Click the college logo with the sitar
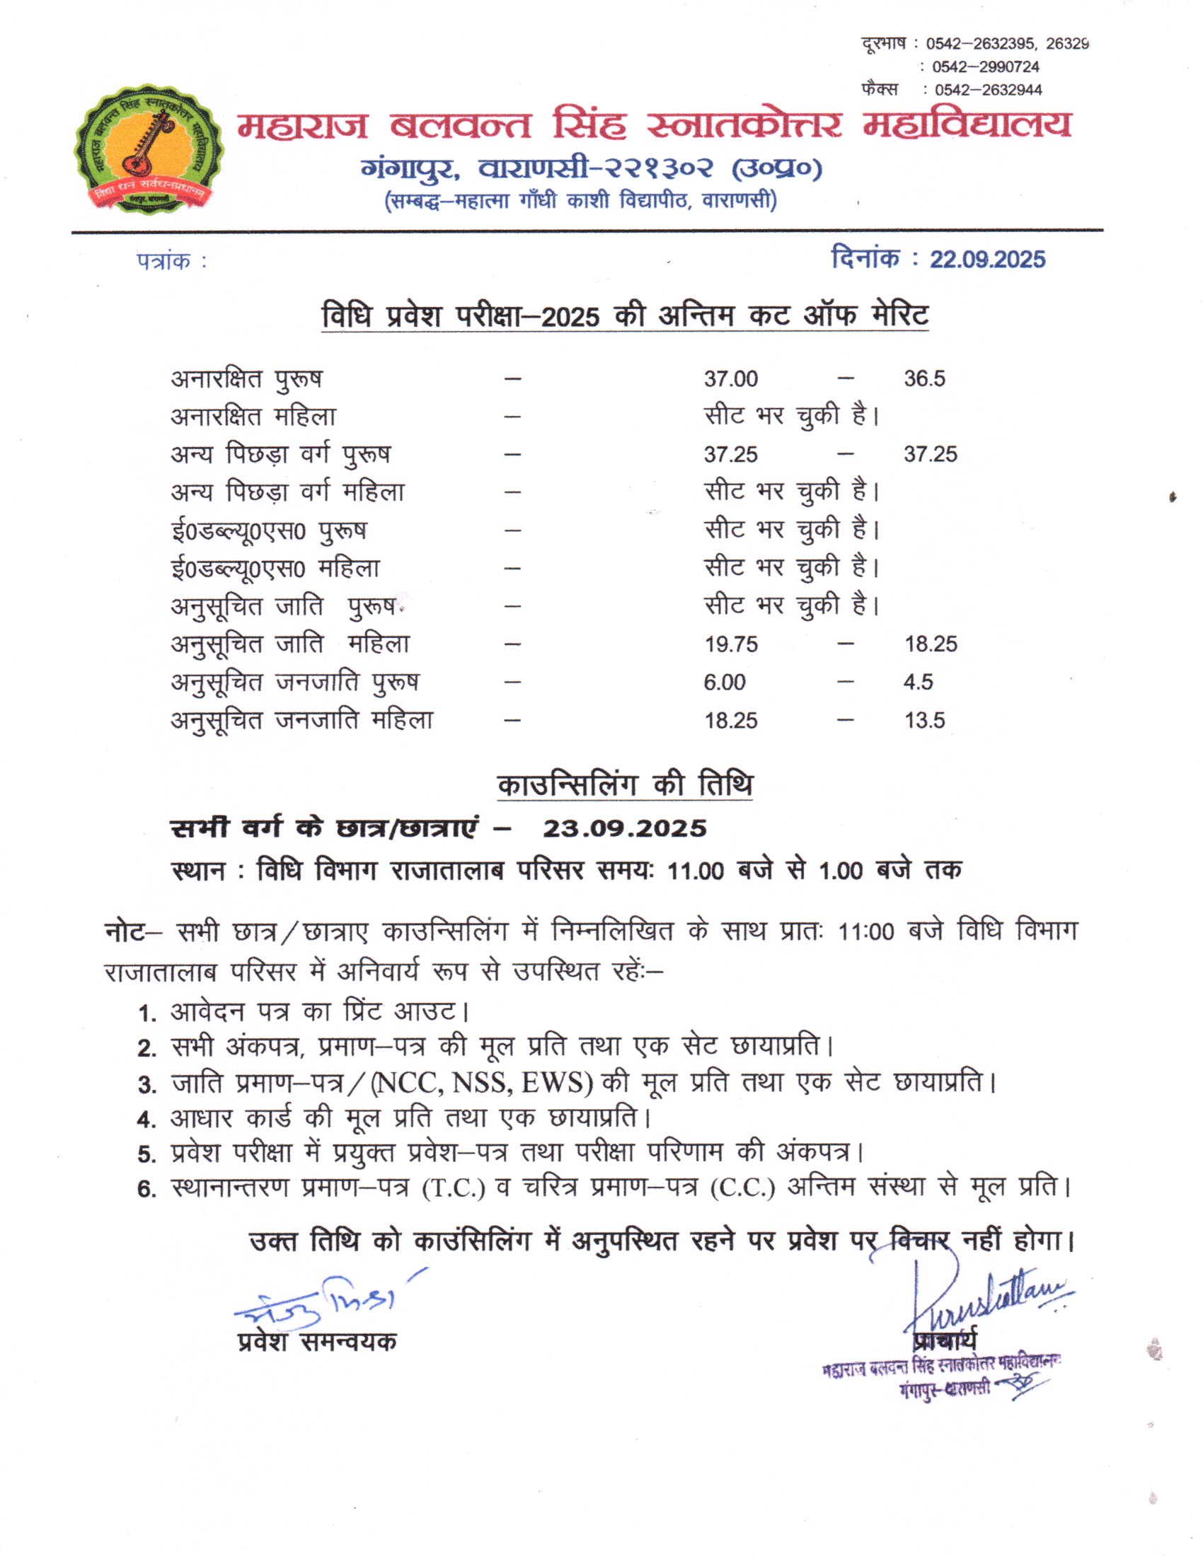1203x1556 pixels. pos(149,149)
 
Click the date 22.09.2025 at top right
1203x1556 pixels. pos(987,260)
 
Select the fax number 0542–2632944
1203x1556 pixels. pos(988,90)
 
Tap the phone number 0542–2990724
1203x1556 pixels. pos(985,67)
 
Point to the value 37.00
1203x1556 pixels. pos(730,379)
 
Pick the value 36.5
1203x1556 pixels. pos(924,379)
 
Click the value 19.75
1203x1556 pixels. pos(730,645)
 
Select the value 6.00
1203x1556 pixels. pos(724,683)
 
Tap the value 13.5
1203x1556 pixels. pos(924,721)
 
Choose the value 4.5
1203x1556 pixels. pos(918,683)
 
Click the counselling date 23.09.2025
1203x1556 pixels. pos(624,829)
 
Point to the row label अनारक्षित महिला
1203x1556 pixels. pos(253,417)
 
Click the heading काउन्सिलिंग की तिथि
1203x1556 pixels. pos(624,785)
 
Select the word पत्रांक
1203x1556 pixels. pos(164,262)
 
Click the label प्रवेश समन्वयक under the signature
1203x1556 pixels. pos(317,1342)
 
